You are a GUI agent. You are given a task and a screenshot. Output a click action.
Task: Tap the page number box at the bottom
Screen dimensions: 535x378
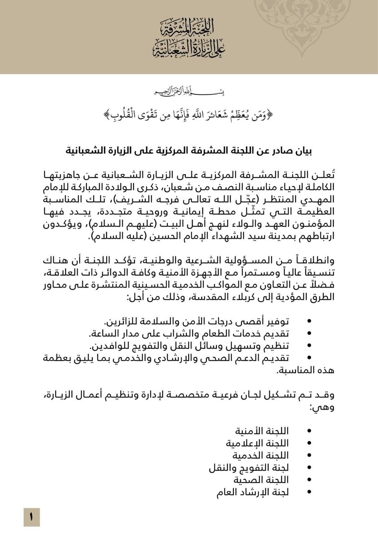click(31, 517)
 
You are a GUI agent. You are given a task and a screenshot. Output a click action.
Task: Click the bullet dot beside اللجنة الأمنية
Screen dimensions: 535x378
click(309, 431)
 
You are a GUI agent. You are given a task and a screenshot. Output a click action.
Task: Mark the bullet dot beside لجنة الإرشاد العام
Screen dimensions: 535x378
click(309, 492)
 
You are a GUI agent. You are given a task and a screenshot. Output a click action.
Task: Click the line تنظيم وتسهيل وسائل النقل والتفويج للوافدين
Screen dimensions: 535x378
click(190, 346)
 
